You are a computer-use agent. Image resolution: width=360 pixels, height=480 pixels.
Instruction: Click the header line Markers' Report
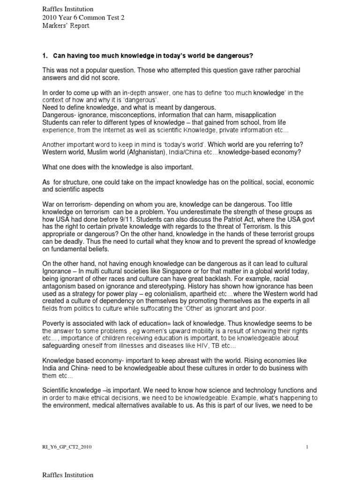point(65,26)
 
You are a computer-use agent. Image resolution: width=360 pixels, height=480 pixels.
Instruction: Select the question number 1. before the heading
point(45,56)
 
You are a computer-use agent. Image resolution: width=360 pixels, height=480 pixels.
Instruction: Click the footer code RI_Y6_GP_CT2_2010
point(67,447)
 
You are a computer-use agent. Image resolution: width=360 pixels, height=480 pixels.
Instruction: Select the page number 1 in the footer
point(307,447)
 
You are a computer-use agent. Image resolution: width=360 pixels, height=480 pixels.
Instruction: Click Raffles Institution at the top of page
point(68,9)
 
